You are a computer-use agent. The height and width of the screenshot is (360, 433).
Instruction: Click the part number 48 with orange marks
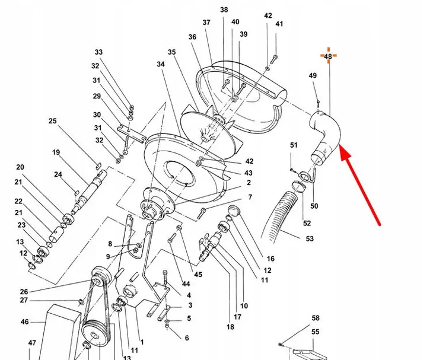pyautogui.click(x=328, y=56)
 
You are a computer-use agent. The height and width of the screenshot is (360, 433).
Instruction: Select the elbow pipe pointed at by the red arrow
pyautogui.click(x=325, y=136)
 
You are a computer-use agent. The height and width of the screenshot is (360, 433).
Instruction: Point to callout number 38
pyautogui.click(x=224, y=9)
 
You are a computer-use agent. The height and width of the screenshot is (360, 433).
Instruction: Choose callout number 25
pyautogui.click(x=52, y=121)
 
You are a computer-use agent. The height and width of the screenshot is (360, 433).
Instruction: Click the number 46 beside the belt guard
pyautogui.click(x=24, y=322)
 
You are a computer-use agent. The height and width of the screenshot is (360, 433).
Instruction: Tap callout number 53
pyautogui.click(x=310, y=238)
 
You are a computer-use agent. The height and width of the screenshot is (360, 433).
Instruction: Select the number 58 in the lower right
pyautogui.click(x=316, y=318)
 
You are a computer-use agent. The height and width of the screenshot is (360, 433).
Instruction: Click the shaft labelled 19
pyautogui.click(x=88, y=190)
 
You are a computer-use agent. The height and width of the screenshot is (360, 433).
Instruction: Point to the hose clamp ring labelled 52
pyautogui.click(x=298, y=186)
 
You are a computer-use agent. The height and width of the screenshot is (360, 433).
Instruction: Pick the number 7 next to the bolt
pyautogui.click(x=250, y=197)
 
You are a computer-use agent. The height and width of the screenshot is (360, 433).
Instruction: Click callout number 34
pyautogui.click(x=161, y=64)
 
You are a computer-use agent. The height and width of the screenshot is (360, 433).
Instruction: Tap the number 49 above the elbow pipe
pyautogui.click(x=313, y=75)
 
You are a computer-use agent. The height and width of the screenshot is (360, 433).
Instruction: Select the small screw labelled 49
pyautogui.click(x=318, y=104)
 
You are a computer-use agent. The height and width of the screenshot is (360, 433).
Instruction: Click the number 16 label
pyautogui.click(x=270, y=259)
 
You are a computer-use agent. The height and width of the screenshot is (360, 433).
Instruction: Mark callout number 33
pyautogui.click(x=98, y=52)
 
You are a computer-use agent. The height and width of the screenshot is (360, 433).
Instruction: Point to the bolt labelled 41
pyautogui.click(x=274, y=59)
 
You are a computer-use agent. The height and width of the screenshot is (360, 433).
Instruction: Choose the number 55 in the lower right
pyautogui.click(x=316, y=332)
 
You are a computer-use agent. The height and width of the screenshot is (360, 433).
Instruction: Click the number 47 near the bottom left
pyautogui.click(x=32, y=343)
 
